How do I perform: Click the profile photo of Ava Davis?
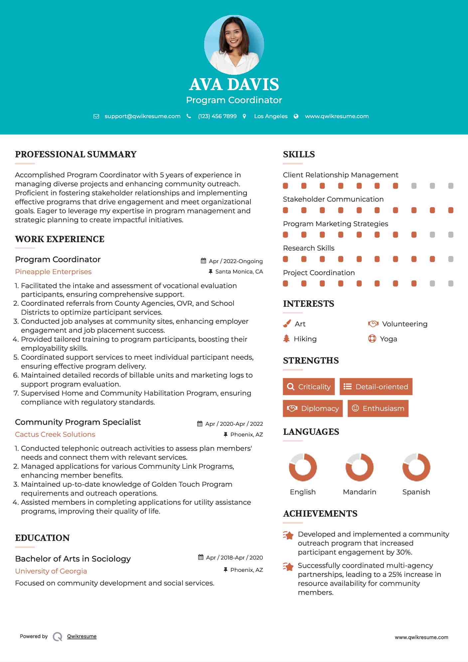(x=234, y=45)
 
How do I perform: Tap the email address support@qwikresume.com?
(x=142, y=116)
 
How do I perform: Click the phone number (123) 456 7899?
(x=217, y=116)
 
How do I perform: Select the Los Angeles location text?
(x=270, y=116)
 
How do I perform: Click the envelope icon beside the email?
(x=96, y=116)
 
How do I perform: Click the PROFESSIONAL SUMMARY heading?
(x=76, y=154)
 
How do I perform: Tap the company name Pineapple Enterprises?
(x=53, y=272)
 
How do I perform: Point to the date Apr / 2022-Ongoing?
(x=235, y=261)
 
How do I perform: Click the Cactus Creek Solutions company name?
(x=55, y=434)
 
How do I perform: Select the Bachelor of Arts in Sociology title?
(x=73, y=559)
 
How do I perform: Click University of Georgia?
(x=51, y=571)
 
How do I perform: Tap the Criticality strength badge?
(x=309, y=387)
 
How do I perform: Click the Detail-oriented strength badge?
(x=376, y=387)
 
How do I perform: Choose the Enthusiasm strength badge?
(x=378, y=408)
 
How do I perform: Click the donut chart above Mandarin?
(x=359, y=467)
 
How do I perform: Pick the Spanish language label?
(x=416, y=492)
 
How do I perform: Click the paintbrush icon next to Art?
(x=287, y=324)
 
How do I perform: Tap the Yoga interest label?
(x=389, y=339)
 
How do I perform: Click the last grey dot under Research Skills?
(x=451, y=259)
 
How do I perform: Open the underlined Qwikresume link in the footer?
(x=82, y=636)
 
